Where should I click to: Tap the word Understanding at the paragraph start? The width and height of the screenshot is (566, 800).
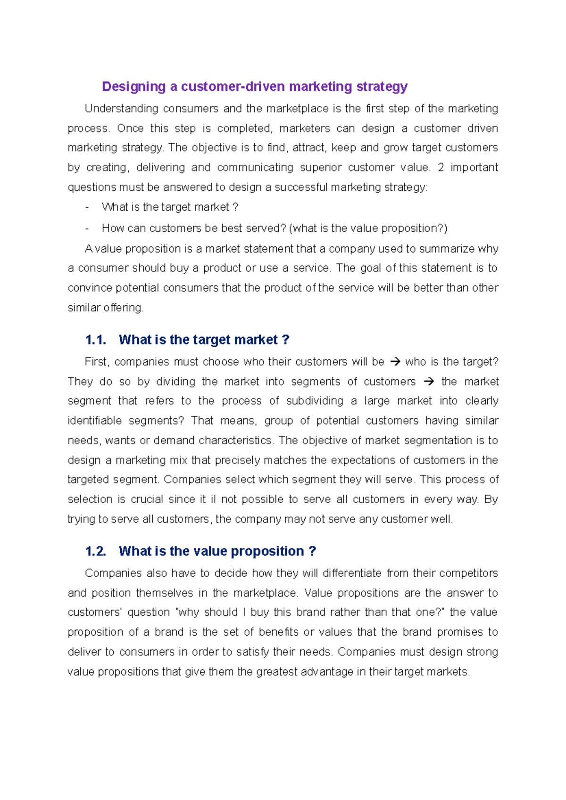(121, 109)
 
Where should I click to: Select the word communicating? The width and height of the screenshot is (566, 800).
(255, 168)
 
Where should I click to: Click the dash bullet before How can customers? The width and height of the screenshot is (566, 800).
(87, 229)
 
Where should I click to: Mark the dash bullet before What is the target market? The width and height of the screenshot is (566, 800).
(87, 207)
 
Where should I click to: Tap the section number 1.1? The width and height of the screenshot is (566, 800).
(95, 340)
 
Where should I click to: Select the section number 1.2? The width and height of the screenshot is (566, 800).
(95, 551)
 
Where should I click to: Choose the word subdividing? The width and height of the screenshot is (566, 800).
(315, 401)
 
